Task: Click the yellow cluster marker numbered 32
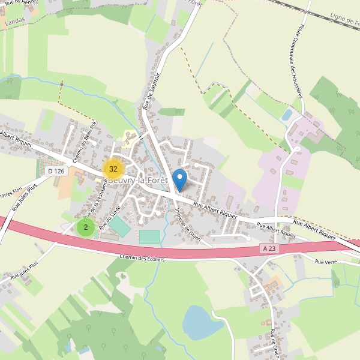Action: tap(113, 169)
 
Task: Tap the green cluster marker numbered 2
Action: tap(86, 227)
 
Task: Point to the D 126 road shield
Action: tap(55, 171)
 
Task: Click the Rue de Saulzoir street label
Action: tap(152, 91)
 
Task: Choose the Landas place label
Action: tap(14, 22)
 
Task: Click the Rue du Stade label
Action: tap(110, 217)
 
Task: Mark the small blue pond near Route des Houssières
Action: tap(287, 114)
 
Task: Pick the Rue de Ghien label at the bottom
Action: tap(275, 343)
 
